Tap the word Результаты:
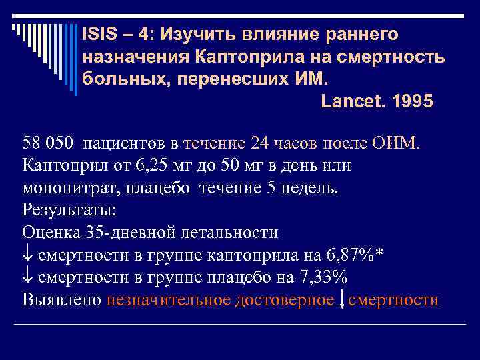(69, 209)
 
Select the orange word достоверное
(285, 300)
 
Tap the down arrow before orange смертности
(341, 300)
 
